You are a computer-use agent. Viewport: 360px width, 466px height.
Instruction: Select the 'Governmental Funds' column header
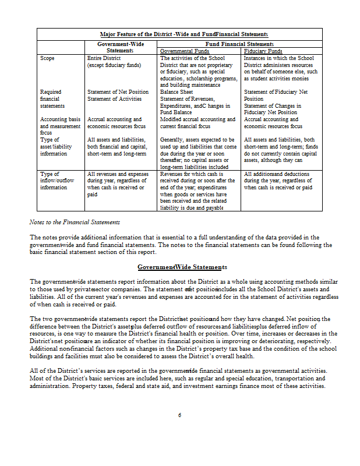click(x=184, y=51)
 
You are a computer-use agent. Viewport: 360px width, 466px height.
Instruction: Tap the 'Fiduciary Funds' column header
click(x=264, y=51)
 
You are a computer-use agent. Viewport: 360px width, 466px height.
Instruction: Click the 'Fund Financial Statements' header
click(x=239, y=44)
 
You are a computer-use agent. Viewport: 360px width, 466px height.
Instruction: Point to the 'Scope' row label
click(x=47, y=58)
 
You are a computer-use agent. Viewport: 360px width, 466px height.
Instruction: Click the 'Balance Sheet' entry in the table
click(x=177, y=92)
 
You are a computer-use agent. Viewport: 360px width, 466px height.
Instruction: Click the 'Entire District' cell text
click(x=105, y=58)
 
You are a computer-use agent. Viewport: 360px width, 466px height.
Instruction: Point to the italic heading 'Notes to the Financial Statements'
click(x=75, y=222)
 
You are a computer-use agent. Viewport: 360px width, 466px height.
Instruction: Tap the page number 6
click(x=180, y=415)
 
